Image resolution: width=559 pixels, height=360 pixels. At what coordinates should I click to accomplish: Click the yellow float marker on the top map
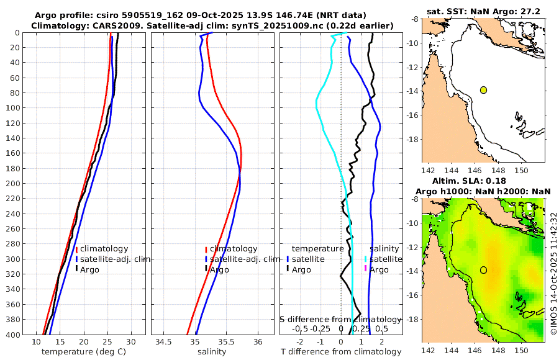point(483,90)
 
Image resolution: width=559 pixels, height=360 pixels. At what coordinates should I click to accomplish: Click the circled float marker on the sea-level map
point(483,270)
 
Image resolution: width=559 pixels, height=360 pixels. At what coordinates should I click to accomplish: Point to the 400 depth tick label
point(12,335)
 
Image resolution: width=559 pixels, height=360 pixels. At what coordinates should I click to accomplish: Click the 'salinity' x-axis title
point(212,352)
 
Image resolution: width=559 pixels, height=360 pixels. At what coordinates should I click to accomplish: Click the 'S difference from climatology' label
point(340,319)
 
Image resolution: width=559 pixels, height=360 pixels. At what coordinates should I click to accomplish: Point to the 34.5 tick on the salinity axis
point(163,342)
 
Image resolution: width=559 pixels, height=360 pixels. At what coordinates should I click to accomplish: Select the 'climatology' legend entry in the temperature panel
point(104,249)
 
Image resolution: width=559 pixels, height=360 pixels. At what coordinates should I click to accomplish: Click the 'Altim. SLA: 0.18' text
point(483,180)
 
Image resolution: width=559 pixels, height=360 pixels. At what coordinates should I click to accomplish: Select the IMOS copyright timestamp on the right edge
point(553,273)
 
